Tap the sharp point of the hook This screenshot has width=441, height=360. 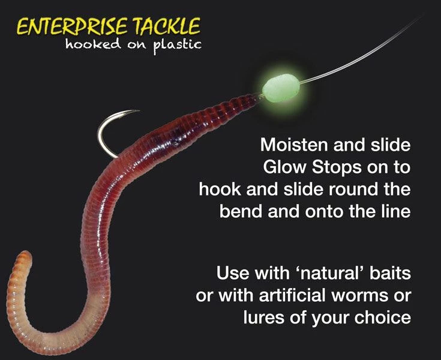pyautogui.click(x=139, y=110)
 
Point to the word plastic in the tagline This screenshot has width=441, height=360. pyautogui.click(x=176, y=46)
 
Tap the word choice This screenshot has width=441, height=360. pyautogui.click(x=385, y=317)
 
